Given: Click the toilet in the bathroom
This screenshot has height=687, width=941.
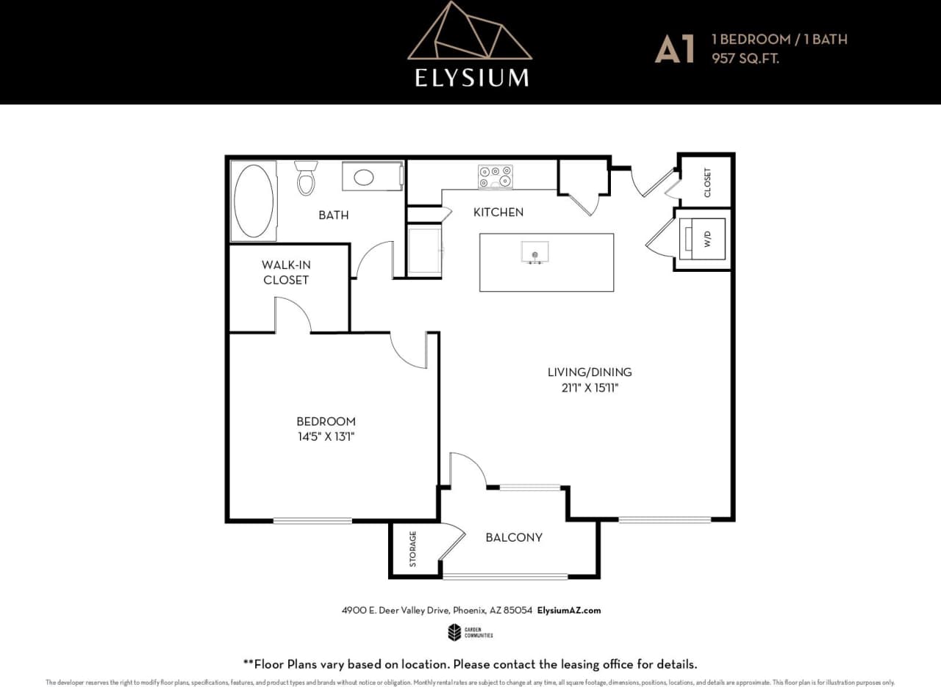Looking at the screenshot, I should pos(307,179).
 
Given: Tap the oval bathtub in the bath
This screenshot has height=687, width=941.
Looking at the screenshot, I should pos(254,201).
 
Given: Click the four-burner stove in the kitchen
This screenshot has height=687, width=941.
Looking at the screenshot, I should pos(495,176).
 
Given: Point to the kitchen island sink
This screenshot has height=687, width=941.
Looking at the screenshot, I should pos(534,252).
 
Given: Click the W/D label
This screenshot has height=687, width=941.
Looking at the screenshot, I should pos(707,239).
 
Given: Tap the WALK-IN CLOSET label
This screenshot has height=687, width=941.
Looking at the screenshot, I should pos(286,272).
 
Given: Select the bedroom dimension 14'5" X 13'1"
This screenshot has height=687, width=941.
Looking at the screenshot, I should pos(326,436).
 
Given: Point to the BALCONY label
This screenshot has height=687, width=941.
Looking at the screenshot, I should pos(514,537).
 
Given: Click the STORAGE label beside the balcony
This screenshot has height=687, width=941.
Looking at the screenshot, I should pos(412,549).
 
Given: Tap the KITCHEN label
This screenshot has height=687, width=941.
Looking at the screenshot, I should pos(498,212).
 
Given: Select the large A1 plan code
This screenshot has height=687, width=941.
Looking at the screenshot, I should pos(675,49).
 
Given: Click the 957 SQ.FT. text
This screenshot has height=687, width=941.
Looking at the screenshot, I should pos(745,58).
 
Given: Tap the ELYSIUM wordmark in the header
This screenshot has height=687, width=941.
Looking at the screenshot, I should pos(471,78).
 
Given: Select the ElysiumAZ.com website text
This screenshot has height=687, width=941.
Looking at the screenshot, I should pos(569,611).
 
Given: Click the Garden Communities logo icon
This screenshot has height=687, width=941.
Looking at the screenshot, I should pos(454,632).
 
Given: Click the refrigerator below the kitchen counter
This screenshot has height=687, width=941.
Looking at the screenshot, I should pos(424,251).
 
